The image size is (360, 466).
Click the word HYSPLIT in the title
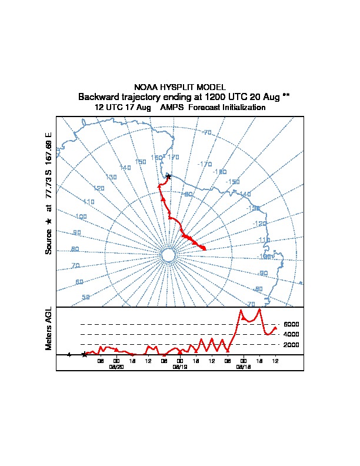(180, 87)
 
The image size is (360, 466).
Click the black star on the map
(168, 177)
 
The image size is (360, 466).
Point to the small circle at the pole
(168, 255)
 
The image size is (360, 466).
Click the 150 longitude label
(140, 162)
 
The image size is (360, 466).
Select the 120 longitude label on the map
(99, 188)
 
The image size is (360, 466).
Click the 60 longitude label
(79, 282)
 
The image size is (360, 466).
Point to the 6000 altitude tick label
(291, 324)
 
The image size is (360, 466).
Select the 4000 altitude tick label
(291, 334)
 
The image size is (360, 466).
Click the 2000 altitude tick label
(291, 344)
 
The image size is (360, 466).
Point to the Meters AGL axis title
(49, 328)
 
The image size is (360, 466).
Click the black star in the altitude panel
(85, 354)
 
